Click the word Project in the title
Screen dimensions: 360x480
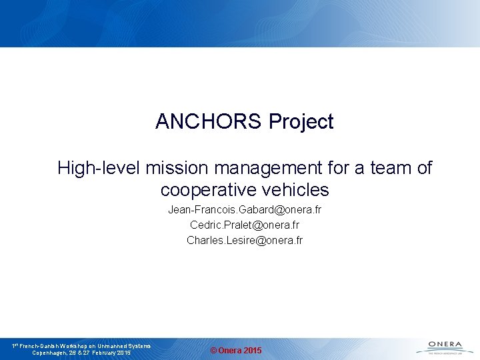pyautogui.click(x=301, y=122)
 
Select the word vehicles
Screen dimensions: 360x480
pyautogui.click(x=297, y=190)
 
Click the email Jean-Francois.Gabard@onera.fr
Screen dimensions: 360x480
pyautogui.click(x=245, y=210)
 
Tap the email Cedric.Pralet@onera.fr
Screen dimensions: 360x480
pyautogui.click(x=245, y=225)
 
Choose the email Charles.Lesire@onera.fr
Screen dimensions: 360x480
pyautogui.click(x=245, y=240)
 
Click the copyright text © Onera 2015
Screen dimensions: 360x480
pyautogui.click(x=236, y=351)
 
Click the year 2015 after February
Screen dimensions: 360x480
pyautogui.click(x=124, y=353)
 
